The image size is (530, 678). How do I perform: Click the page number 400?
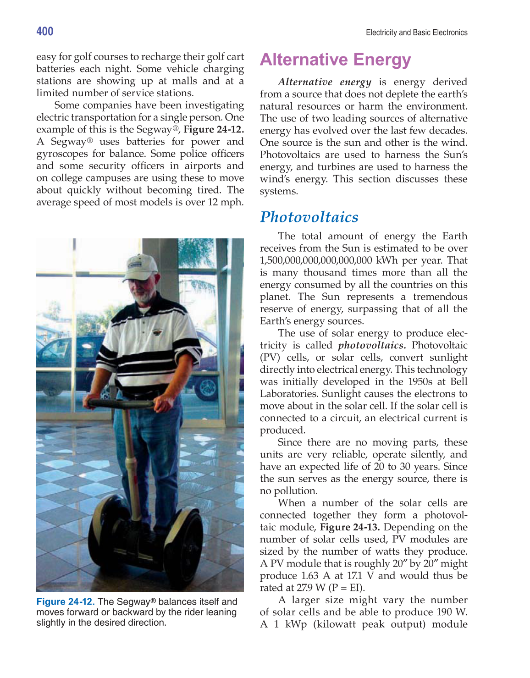tap(45, 31)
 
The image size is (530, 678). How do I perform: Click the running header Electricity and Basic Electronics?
tap(416, 33)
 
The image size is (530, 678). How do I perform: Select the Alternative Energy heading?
tap(335, 60)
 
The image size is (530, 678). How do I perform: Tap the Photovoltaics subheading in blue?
tap(309, 217)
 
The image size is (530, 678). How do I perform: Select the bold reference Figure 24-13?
tap(350, 527)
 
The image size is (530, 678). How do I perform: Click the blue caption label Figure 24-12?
tap(66, 601)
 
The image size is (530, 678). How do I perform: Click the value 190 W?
tap(452, 612)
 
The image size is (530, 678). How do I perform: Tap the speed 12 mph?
tap(225, 202)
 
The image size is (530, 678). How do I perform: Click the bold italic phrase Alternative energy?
tap(324, 82)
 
